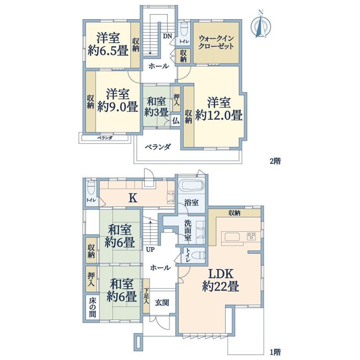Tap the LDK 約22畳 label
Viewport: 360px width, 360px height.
[221, 280]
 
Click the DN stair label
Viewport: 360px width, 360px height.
[167, 36]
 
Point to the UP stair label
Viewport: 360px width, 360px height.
[150, 249]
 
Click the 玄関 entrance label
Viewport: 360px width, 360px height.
[162, 302]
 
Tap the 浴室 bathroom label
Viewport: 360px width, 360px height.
[191, 203]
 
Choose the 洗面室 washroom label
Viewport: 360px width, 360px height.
[188, 230]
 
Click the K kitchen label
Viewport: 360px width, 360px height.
[133, 198]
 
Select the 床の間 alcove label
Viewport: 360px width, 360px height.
[92, 307]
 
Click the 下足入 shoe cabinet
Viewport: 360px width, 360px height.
[146, 296]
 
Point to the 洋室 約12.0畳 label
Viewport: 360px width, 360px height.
[219, 109]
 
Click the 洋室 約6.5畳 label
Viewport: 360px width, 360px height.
[108, 44]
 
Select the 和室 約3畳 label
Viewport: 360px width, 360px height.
[157, 107]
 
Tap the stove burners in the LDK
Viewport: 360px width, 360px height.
[252, 236]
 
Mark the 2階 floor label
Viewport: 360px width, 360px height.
[275, 161]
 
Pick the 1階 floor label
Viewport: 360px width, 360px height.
[275, 352]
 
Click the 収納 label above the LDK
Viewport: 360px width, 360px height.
[234, 213]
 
